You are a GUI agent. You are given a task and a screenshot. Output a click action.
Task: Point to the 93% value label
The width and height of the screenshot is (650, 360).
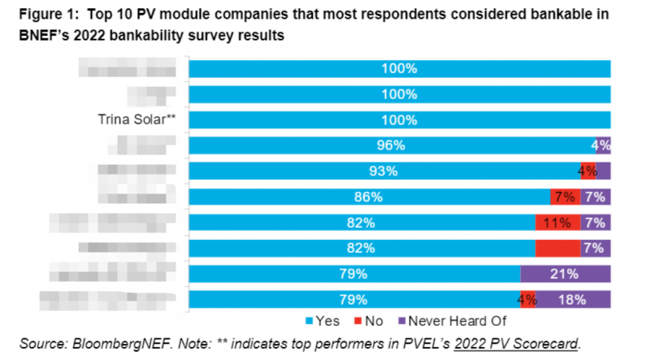(382, 171)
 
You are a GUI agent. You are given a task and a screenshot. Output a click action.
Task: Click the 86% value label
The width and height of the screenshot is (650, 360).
(368, 197)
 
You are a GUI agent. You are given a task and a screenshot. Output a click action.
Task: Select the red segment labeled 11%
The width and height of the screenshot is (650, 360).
(557, 222)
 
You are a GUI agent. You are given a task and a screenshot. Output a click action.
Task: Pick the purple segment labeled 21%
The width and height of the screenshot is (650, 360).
(565, 273)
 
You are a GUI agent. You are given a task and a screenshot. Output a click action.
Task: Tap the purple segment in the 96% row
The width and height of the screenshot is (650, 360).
(603, 145)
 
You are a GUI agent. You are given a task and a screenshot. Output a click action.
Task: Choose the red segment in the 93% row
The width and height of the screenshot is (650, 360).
(587, 171)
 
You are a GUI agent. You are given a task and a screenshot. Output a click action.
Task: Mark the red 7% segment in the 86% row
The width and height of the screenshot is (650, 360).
(565, 197)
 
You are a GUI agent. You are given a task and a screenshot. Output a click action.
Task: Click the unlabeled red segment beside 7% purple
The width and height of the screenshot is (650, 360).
(557, 248)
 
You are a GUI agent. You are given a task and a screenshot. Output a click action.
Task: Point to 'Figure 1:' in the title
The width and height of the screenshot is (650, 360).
(41, 15)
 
